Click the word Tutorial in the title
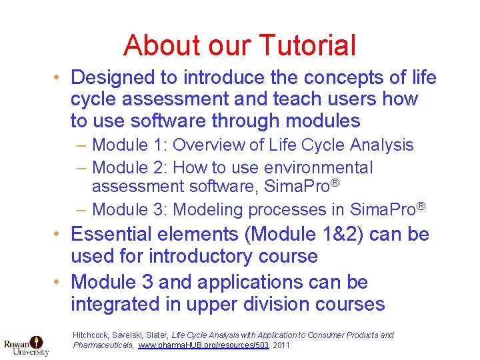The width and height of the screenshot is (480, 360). [x=307, y=45]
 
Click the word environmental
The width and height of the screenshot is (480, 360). [x=319, y=167]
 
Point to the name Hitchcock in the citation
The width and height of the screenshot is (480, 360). [x=91, y=335]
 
